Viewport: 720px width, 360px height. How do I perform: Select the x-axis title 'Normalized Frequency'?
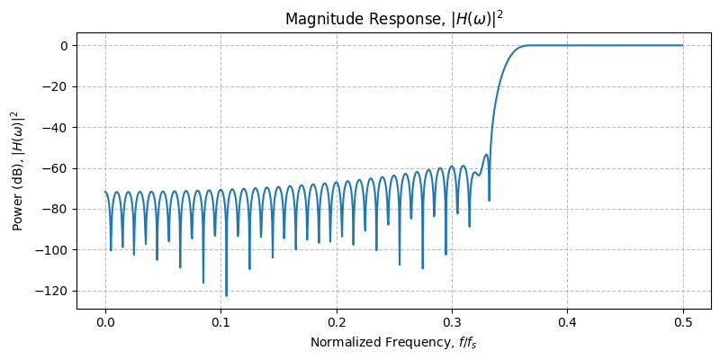click(x=394, y=342)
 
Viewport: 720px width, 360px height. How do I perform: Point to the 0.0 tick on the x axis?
click(x=105, y=320)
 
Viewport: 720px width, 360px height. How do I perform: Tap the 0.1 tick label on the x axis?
click(x=221, y=320)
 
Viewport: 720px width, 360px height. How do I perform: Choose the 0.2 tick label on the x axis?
click(x=337, y=320)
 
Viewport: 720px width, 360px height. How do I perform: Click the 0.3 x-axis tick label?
click(x=452, y=320)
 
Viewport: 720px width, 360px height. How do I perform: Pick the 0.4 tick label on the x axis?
click(x=568, y=320)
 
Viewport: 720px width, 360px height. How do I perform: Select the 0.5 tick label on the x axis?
click(x=683, y=320)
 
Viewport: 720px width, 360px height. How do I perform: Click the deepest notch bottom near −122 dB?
click(x=226, y=295)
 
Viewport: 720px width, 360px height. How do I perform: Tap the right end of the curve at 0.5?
click(x=683, y=45)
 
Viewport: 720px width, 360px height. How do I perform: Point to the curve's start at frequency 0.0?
click(x=105, y=192)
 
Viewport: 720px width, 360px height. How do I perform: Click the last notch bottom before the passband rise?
click(x=489, y=200)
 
